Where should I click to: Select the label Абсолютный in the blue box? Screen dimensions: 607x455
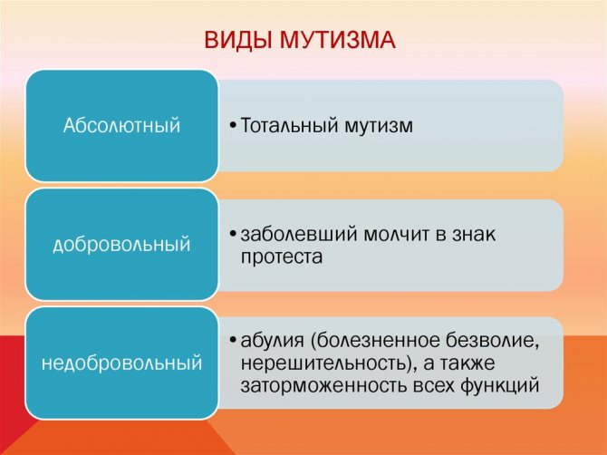[x=121, y=125]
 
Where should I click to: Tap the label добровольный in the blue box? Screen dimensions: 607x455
[x=121, y=244]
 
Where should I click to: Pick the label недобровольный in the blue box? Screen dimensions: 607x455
[x=121, y=363]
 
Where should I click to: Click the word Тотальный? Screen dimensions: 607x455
[x=289, y=125]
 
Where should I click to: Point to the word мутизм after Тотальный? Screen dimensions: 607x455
[x=379, y=126]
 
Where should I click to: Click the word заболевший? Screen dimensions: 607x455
[x=298, y=234]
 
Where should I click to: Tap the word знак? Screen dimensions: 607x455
[x=474, y=235]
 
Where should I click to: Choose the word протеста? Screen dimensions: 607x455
[x=282, y=257]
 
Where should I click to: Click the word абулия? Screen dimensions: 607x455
[x=272, y=341]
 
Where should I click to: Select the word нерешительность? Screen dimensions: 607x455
[x=328, y=363]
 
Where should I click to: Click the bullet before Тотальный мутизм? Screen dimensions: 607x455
[x=232, y=125]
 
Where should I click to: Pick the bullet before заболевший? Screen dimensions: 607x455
[x=232, y=234]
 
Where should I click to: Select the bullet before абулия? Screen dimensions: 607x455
[x=232, y=341]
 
